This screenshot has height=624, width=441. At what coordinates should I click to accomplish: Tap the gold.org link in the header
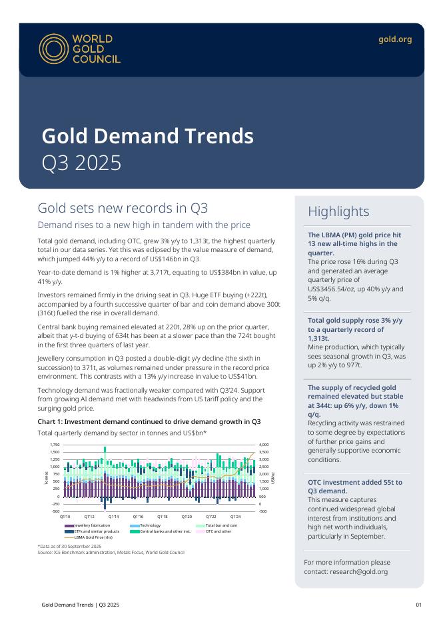point(395,39)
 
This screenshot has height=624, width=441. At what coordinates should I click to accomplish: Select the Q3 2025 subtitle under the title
point(81,163)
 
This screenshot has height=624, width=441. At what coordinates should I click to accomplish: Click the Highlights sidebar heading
point(338,211)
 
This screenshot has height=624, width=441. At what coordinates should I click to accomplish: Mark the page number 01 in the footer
point(418,605)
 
